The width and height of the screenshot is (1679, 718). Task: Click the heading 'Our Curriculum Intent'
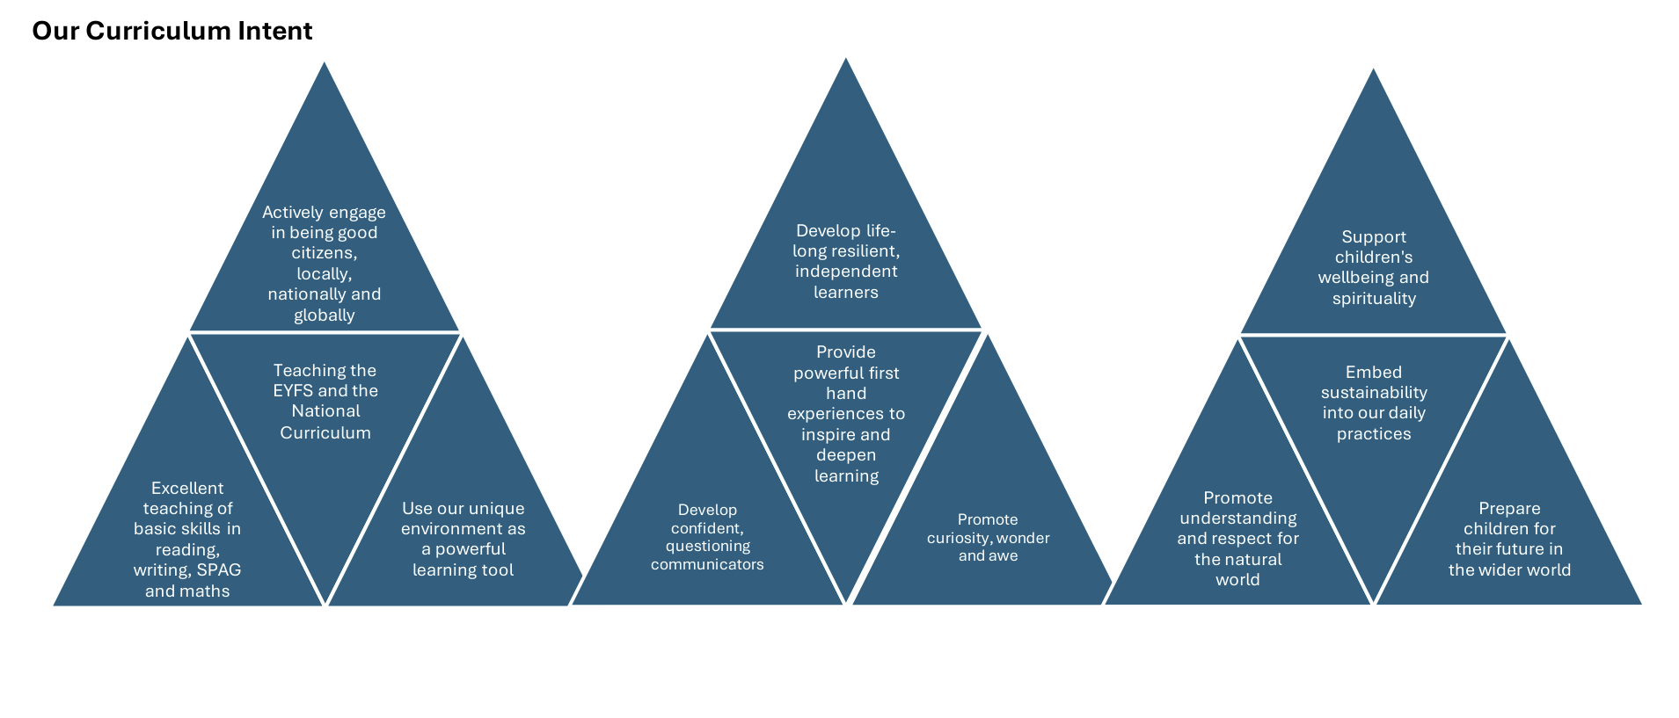172,31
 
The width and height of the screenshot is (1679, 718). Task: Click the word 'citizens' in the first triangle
323,253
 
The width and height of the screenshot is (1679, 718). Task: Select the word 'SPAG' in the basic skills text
219,569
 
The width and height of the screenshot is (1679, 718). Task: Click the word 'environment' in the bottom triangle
449,529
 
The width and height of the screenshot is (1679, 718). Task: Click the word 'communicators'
707,564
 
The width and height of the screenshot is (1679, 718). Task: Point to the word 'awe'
1004,556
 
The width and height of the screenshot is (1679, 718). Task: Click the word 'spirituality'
1374,299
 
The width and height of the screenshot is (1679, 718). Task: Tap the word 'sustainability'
1374,393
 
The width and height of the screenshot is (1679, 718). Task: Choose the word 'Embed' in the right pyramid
1374,373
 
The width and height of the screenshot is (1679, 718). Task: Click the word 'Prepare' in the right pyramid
1509,509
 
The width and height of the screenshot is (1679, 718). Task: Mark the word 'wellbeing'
1355,278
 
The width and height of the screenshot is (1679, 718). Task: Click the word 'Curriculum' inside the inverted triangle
325,433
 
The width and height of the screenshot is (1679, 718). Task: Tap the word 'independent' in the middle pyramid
846,272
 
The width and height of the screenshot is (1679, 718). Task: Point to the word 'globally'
324,315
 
